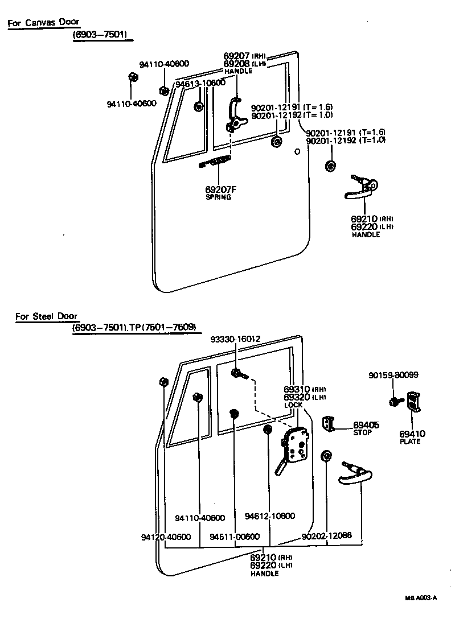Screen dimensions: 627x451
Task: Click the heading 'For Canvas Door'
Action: coord(43,23)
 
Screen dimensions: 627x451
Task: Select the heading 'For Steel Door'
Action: coord(47,316)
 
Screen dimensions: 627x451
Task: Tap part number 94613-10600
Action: coord(200,83)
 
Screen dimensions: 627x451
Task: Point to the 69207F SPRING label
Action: coord(218,192)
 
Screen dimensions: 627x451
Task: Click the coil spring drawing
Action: coord(216,162)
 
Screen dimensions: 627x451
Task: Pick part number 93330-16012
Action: coord(235,339)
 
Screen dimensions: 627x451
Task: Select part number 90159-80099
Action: coord(393,375)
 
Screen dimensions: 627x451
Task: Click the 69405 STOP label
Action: coord(366,428)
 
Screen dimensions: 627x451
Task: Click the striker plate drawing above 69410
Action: coord(413,401)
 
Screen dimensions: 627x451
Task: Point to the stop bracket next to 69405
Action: coord(328,423)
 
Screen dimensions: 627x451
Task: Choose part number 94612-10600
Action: coord(270,516)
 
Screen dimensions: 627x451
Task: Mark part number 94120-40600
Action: coord(165,537)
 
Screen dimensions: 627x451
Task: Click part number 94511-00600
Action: coord(235,537)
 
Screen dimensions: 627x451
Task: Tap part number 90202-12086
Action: coord(327,536)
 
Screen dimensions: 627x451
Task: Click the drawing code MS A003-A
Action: coord(421,598)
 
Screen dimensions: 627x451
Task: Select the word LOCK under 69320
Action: coord(293,405)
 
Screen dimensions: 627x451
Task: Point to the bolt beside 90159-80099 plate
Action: coord(395,402)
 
